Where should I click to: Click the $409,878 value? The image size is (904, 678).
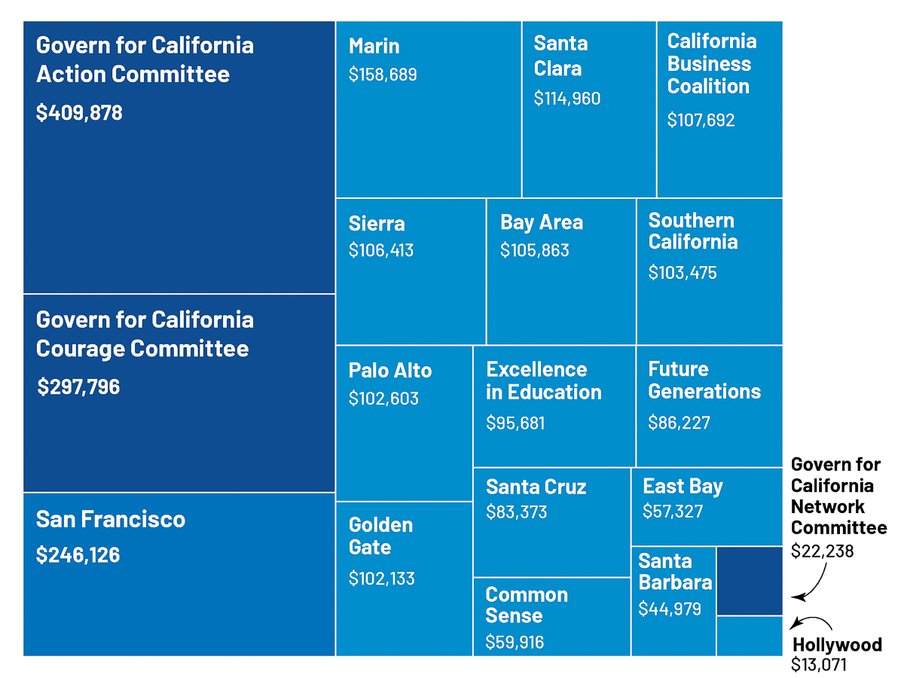pos(79,113)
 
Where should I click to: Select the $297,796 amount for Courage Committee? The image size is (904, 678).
pos(78,387)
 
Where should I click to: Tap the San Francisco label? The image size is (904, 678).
pos(111,519)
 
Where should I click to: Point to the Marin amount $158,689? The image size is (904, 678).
pos(383,75)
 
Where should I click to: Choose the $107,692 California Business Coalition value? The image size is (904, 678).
pos(701,120)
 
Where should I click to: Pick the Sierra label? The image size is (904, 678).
pos(377,224)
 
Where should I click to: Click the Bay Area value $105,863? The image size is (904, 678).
pos(534,250)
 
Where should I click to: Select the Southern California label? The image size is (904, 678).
pos(692,231)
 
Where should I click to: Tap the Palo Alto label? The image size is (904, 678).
pos(390,371)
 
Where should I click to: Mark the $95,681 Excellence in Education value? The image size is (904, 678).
pos(515,423)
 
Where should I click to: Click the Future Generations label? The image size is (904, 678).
pos(704,380)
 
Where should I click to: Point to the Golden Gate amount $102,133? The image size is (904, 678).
pos(382,579)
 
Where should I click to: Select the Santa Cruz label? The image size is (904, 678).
pos(536,487)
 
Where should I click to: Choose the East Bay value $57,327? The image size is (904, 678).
pos(673,512)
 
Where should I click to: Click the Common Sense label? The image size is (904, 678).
pos(527,605)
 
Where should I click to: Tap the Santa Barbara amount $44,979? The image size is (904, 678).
pos(670,609)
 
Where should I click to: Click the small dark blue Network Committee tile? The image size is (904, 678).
pos(750,581)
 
